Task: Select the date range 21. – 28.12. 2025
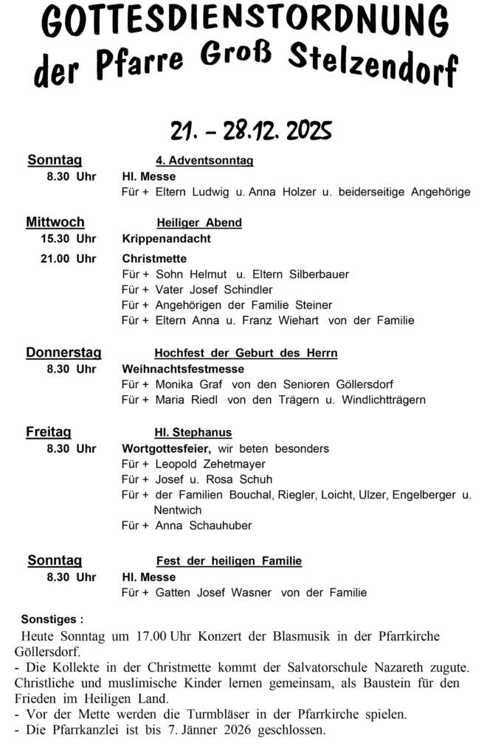pyautogui.click(x=251, y=131)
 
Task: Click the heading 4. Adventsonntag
pyautogui.click(x=204, y=161)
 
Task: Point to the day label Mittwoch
pyautogui.click(x=55, y=222)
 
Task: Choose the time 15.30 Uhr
pyautogui.click(x=72, y=238)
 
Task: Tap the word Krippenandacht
pyautogui.click(x=166, y=238)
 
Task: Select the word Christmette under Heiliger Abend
pyautogui.click(x=154, y=258)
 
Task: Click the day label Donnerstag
pyautogui.click(x=63, y=352)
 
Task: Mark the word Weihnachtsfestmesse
pyautogui.click(x=183, y=369)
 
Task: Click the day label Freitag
pyautogui.click(x=49, y=432)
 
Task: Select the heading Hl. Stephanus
pyautogui.click(x=193, y=433)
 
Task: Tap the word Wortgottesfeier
pyautogui.click(x=167, y=448)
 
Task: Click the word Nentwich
pyautogui.click(x=178, y=509)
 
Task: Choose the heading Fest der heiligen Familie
pyautogui.click(x=229, y=561)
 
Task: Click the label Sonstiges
pyautogui.click(x=52, y=619)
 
